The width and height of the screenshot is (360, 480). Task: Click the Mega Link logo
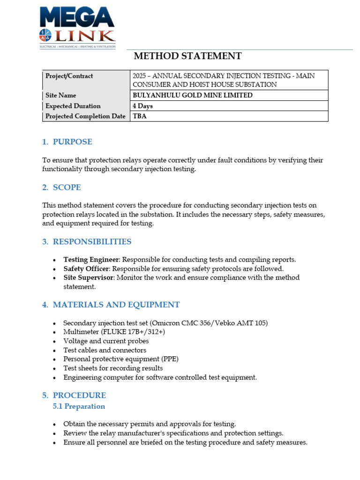tap(77, 26)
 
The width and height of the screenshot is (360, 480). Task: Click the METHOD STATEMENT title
tap(187, 56)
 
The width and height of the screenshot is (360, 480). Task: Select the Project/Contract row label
tap(69, 76)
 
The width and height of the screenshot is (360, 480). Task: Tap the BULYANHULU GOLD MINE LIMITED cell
tap(193, 95)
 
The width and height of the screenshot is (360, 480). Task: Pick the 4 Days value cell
tap(142, 106)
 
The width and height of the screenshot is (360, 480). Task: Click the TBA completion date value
tap(140, 116)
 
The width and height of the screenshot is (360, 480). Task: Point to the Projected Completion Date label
tap(85, 116)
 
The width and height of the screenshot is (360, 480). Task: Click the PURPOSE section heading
tap(72, 142)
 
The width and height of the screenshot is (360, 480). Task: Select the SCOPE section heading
tap(67, 187)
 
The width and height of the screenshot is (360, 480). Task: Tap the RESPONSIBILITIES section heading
tap(92, 242)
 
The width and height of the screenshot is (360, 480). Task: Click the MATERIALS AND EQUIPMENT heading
tap(116, 305)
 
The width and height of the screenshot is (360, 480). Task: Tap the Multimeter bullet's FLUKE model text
tap(132, 332)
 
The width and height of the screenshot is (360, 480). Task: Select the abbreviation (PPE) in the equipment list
tap(169, 359)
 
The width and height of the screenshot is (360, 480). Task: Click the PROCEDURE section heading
tap(79, 395)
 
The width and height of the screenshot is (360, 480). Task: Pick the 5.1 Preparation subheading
tap(79, 406)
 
